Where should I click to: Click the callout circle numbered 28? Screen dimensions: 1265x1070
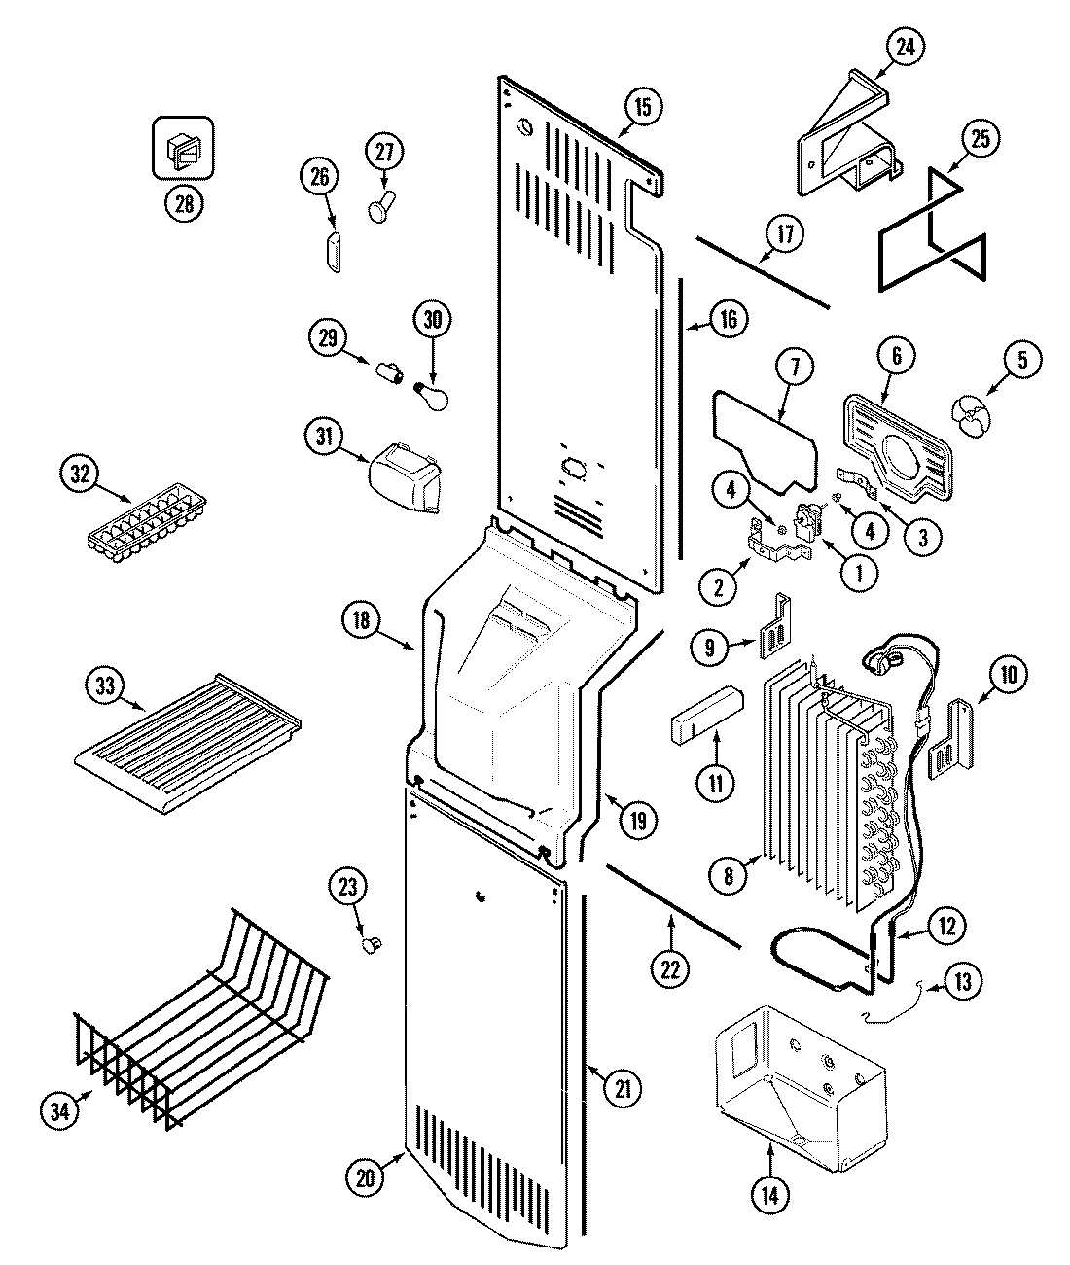click(184, 203)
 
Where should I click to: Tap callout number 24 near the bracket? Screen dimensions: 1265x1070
click(906, 46)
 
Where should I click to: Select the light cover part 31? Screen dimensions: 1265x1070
click(404, 477)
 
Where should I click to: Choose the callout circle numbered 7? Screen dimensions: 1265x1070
click(796, 368)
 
